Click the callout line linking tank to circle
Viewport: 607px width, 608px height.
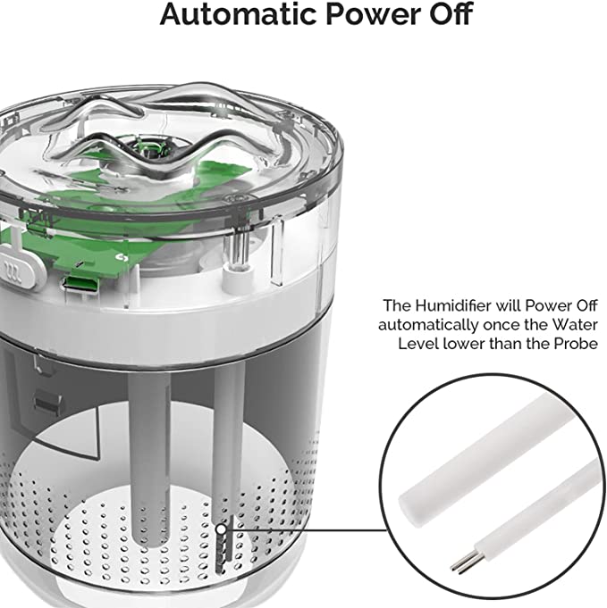coord(313,528)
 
